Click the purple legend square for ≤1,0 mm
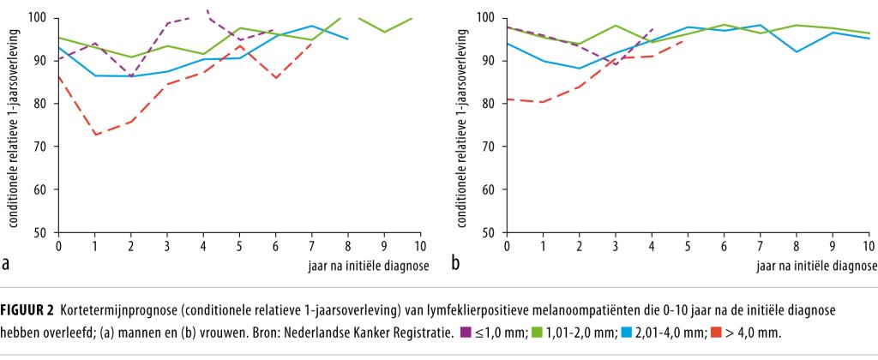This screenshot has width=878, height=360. coord(466,333)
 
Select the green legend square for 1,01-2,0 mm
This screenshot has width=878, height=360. coord(534,333)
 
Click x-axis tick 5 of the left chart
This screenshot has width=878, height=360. coord(239,247)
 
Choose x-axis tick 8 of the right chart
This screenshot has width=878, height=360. coord(797,247)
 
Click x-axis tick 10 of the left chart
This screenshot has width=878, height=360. coord(420,247)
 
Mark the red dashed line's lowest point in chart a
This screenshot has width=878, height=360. coord(95,135)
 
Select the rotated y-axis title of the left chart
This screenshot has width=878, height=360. coord(16,124)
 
